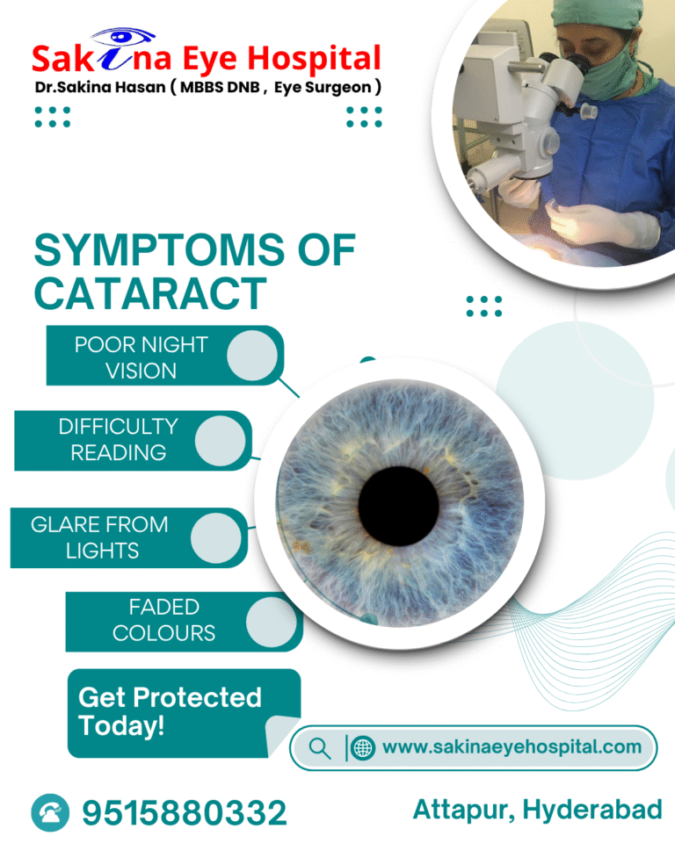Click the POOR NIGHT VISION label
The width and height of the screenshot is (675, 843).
[141, 357]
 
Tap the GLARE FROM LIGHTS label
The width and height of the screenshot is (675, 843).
[98, 537]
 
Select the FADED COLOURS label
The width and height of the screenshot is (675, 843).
[163, 619]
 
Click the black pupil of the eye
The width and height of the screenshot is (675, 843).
[398, 505]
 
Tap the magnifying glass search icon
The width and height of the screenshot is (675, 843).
[320, 748]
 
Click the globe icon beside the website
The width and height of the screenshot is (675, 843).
[362, 748]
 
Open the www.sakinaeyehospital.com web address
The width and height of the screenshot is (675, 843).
[512, 747]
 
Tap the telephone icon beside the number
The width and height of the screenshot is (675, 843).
[50, 812]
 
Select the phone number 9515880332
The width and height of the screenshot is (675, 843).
[185, 812]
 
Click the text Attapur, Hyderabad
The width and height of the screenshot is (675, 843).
[537, 810]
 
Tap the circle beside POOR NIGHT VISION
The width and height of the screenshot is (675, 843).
[252, 356]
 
